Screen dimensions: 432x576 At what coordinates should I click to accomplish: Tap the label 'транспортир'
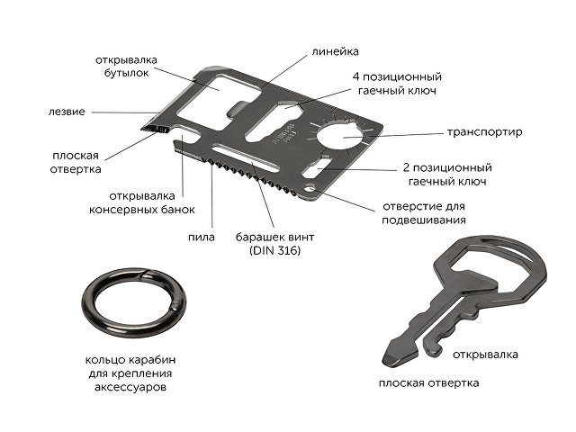[485, 132]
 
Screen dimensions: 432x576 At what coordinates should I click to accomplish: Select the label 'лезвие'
[67, 112]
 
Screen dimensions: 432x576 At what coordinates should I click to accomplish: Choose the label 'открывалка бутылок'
[127, 67]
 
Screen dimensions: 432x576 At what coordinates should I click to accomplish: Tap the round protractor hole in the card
[343, 139]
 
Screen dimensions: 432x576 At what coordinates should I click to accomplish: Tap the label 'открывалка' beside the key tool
[485, 354]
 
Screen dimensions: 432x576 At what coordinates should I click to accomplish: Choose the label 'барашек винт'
[274, 237]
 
